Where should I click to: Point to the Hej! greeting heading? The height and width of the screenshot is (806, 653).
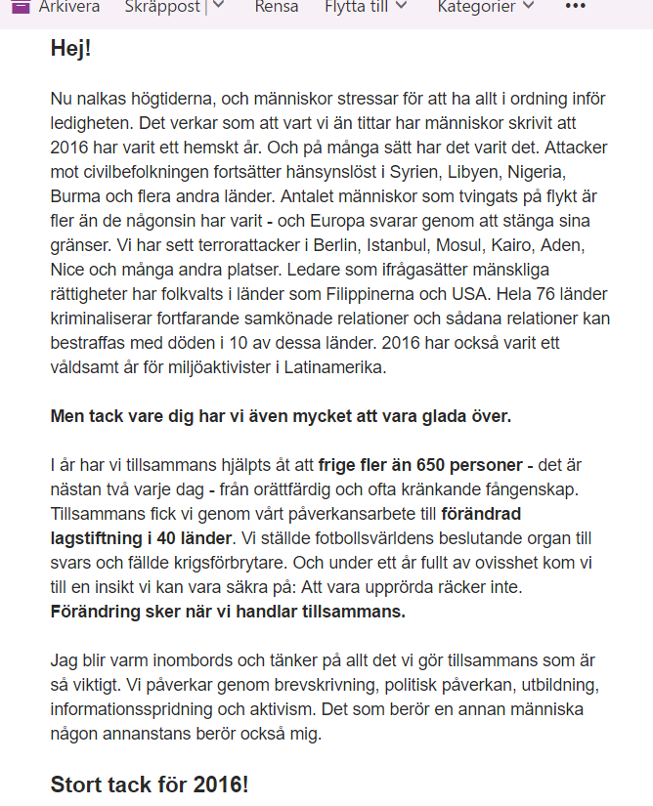[x=70, y=48]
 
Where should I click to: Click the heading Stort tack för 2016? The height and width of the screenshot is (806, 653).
[x=150, y=785]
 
